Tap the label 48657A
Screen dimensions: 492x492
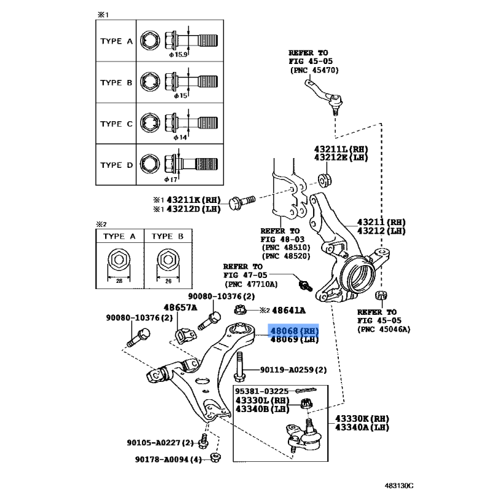tap(180, 307)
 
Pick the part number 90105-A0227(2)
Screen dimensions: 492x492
tap(161, 443)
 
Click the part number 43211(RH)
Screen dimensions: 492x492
tap(382, 221)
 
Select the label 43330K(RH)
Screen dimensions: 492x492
tap(362, 418)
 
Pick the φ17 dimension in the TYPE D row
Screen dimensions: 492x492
tap(171, 179)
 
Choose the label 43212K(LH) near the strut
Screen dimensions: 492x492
tap(340, 158)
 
